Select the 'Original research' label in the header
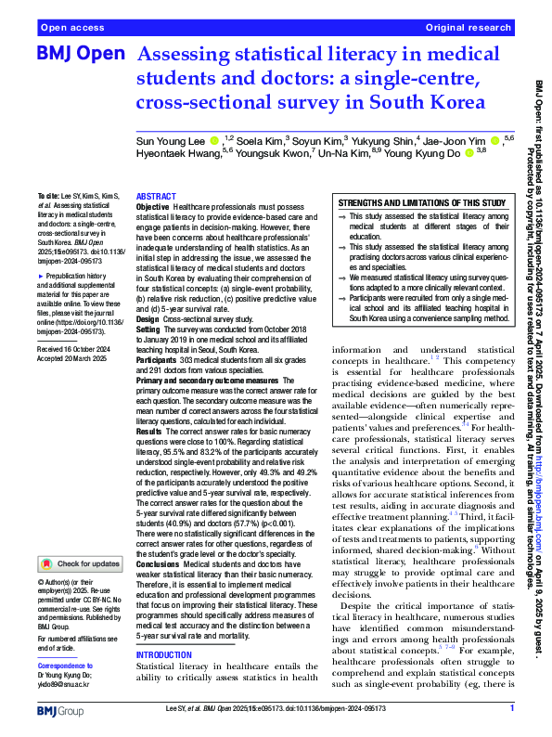coord(469,29)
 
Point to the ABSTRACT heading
coord(157,198)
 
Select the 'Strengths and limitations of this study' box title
coord(422,202)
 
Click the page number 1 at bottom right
coord(511,708)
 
